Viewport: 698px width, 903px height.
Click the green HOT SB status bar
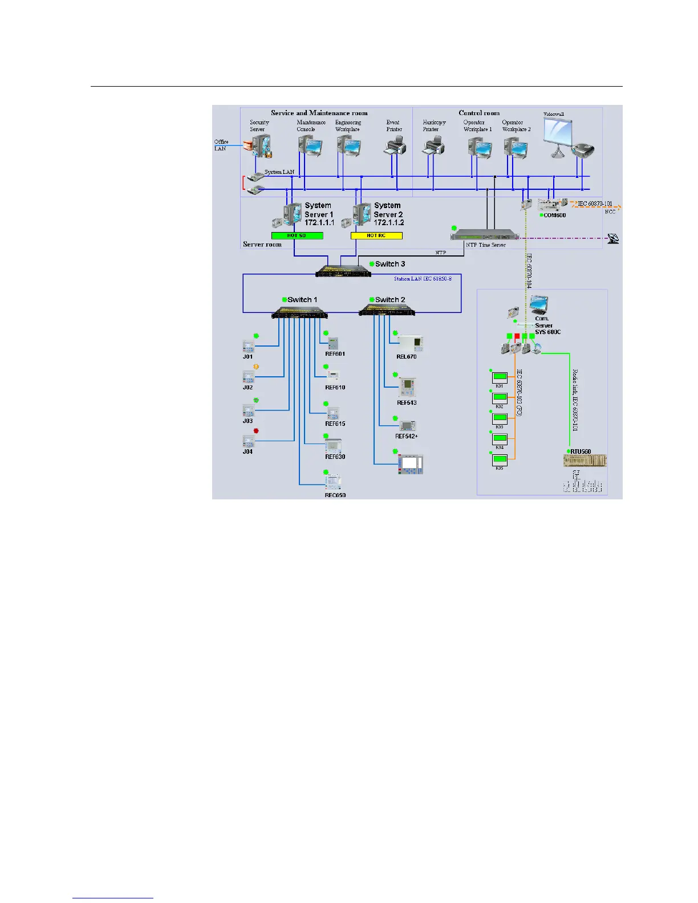coord(297,235)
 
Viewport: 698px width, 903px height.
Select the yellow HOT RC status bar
coord(376,235)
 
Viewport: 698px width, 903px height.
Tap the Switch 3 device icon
coord(343,270)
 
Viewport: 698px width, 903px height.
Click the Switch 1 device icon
coord(300,312)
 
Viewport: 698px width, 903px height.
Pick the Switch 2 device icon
coord(387,311)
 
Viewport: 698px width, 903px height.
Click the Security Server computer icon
coord(259,147)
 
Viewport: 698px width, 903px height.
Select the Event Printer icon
coord(395,147)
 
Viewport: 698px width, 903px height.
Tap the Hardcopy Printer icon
coord(431,147)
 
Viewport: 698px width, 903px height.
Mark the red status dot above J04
coord(256,431)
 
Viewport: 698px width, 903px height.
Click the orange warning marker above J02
coord(256,367)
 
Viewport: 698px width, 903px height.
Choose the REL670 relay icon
coord(410,343)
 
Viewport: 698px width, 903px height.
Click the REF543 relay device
coord(407,388)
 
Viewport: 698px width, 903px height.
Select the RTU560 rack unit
coord(585,460)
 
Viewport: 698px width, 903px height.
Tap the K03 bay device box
coord(500,418)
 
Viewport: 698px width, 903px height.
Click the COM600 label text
coord(555,215)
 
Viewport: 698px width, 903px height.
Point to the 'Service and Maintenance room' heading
coord(319,113)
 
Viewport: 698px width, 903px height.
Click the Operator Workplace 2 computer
coord(516,148)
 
